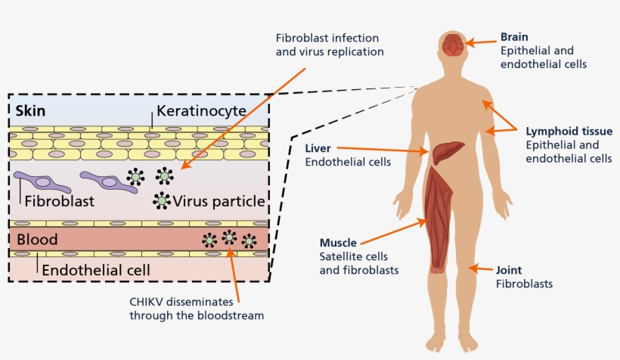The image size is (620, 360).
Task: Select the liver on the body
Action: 448,152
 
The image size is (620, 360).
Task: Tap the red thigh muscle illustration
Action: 442,220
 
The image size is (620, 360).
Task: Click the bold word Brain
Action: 514,36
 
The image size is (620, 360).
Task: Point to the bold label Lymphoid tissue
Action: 559,131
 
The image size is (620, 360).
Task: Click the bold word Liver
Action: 318,147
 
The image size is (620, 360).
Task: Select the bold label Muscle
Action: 338,243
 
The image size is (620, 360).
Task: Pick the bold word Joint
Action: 509,270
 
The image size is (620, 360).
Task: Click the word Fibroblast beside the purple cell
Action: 59,202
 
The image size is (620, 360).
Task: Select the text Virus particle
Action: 219,202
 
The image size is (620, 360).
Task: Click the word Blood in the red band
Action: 37,240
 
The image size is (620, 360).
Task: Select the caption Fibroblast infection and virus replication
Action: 329,45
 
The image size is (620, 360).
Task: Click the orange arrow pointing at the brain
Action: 481,43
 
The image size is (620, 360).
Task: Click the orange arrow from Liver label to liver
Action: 381,148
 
